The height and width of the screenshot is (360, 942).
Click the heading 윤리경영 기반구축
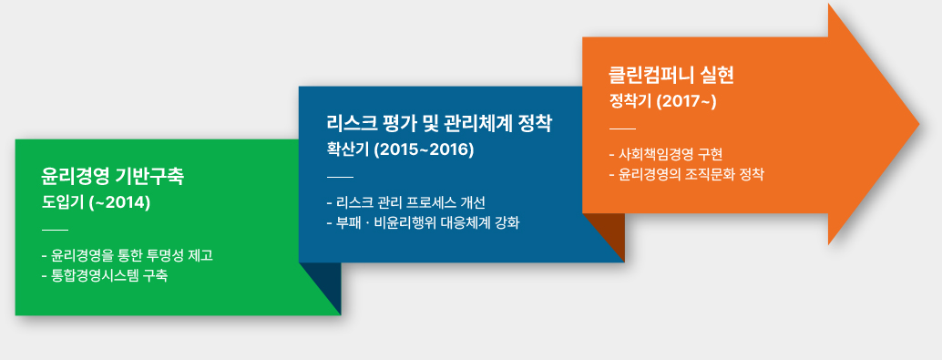click(112, 175)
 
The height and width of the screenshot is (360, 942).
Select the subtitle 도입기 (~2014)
click(96, 201)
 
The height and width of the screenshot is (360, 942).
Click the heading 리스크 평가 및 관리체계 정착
click(439, 123)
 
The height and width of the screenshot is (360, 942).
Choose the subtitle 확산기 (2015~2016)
click(400, 149)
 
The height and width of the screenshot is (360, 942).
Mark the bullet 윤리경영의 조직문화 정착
click(686, 173)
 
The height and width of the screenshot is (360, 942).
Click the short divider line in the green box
click(56, 228)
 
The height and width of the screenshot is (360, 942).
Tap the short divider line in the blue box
click(339, 176)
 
